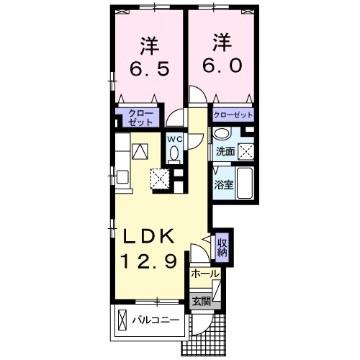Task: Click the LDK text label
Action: [x=150, y=236]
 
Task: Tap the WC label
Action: [x=175, y=138]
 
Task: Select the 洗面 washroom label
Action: [x=225, y=151]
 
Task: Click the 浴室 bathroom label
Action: [x=222, y=184]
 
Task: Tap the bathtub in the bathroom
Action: [x=245, y=184]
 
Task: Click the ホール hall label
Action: [x=205, y=274]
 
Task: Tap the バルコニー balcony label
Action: [x=155, y=320]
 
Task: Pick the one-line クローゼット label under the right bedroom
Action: [x=233, y=114]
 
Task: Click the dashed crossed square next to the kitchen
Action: [x=159, y=177]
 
